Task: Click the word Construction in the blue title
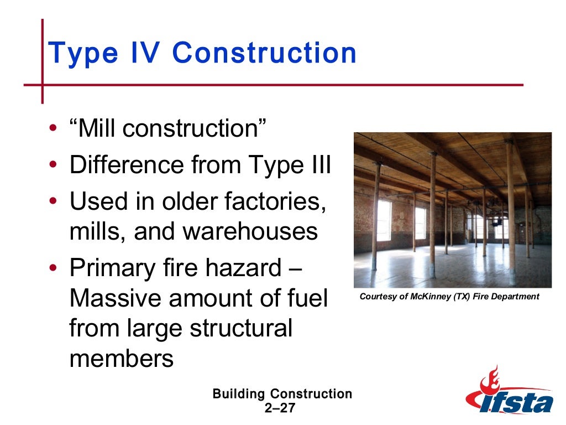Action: (264, 53)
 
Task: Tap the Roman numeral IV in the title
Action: (145, 53)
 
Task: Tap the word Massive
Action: (116, 299)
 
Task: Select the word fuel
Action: (307, 299)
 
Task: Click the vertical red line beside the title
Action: (42, 61)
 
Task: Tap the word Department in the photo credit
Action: (517, 297)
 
